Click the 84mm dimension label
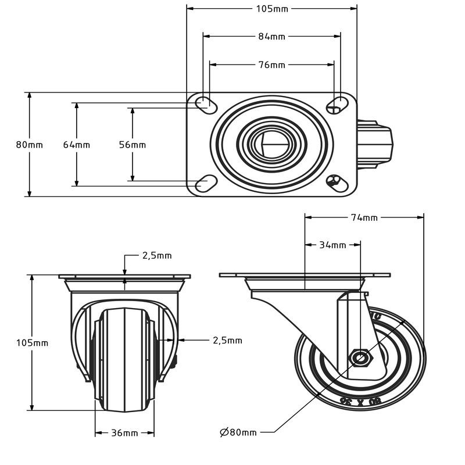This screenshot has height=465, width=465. pyautogui.click(x=271, y=36)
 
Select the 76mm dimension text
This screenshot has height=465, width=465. pyautogui.click(x=271, y=65)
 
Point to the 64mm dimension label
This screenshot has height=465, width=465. pyautogui.click(x=76, y=145)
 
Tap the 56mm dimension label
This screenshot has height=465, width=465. pyautogui.click(x=133, y=145)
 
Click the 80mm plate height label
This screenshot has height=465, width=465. pyautogui.click(x=29, y=145)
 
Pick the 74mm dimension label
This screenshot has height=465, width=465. pyautogui.click(x=364, y=217)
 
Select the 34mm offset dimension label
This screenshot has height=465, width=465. pyautogui.click(x=332, y=245)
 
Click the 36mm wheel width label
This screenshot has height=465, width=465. pyautogui.click(x=124, y=433)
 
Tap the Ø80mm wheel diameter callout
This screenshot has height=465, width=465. pyautogui.click(x=238, y=432)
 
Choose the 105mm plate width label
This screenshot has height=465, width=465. pyautogui.click(x=271, y=8)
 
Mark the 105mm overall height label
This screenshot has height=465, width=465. pyautogui.click(x=32, y=343)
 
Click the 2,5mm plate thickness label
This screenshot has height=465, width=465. pyautogui.click(x=157, y=255)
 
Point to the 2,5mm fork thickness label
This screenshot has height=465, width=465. pyautogui.click(x=227, y=340)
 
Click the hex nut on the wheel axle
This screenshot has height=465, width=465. pyautogui.click(x=360, y=358)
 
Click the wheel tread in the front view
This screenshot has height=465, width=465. pyautogui.click(x=124, y=355)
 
